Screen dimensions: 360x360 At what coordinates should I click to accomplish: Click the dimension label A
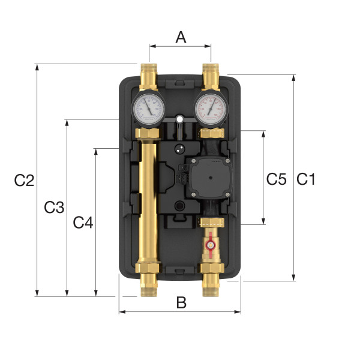(x=180, y=37)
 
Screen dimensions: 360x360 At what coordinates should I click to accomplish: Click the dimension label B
(x=181, y=303)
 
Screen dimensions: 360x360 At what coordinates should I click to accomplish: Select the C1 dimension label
(x=306, y=179)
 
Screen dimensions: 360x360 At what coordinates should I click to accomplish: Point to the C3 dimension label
(x=54, y=208)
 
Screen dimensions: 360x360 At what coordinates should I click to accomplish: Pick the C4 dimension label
(x=83, y=223)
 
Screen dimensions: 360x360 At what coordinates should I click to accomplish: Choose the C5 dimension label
(x=277, y=178)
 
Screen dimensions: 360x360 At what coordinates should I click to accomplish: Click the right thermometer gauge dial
(x=211, y=107)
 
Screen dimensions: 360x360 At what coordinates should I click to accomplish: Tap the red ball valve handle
(x=210, y=245)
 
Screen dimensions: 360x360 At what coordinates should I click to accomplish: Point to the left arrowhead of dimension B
(x=122, y=311)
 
